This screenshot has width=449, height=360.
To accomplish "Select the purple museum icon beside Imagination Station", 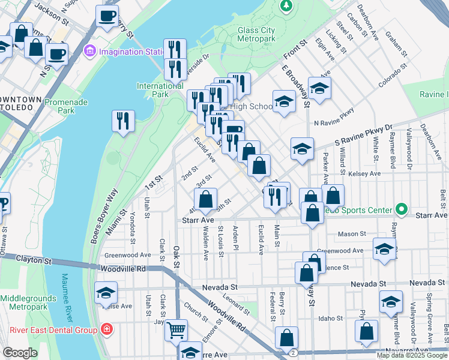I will tap(91, 50).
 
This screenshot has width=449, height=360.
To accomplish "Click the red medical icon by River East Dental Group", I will tap(106, 329).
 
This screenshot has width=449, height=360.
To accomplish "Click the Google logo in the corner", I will tap(20, 353).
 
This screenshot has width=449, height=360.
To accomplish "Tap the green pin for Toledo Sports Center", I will tap(402, 210).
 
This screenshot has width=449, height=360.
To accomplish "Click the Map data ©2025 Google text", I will tap(412, 355).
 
